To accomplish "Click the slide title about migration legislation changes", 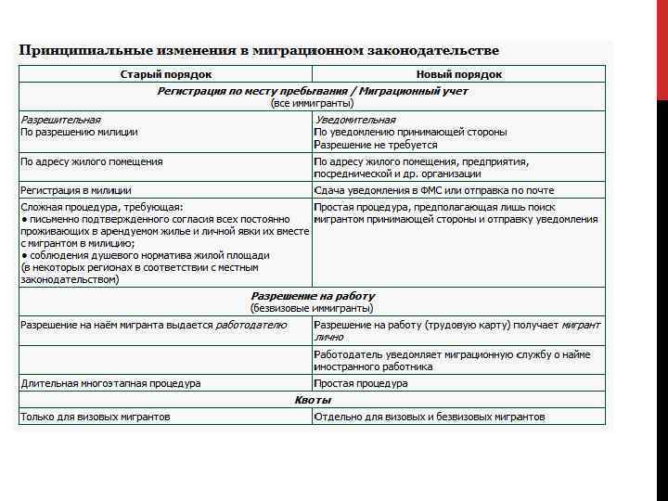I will [259, 50].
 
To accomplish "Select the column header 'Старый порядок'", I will [166, 74].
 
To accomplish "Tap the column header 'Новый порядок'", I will [459, 74].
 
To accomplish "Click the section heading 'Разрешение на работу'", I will [313, 296].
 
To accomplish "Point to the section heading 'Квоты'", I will [313, 400].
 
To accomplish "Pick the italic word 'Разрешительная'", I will [61, 120].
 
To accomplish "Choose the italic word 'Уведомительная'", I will [354, 120].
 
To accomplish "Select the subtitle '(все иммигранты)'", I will [313, 103].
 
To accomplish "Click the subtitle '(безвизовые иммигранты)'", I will [313, 308].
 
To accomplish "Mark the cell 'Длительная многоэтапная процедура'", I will [110, 383].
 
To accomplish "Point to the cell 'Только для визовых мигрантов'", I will [96, 417].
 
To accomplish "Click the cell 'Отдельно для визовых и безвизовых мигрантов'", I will [430, 417].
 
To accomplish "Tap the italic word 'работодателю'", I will [250, 325].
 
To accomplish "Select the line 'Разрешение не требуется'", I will [376, 146].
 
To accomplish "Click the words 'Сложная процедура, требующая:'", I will [102, 206].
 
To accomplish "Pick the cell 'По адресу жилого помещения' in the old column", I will [92, 161].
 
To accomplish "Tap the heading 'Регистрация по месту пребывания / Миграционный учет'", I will [313, 91].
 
